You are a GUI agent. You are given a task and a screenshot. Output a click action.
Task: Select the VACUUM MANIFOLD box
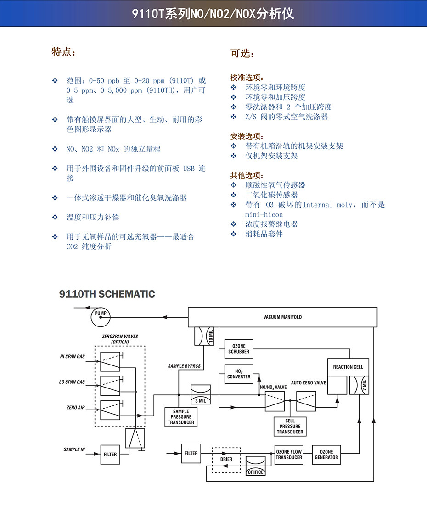pos(282,317)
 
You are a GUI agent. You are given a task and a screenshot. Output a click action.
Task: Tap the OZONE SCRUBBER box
pos(239,349)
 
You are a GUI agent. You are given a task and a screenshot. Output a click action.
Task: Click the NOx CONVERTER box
pos(239,374)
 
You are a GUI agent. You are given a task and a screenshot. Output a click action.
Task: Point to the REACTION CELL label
pos(348,367)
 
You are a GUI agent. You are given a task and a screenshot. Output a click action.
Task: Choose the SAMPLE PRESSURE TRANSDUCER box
pos(181,417)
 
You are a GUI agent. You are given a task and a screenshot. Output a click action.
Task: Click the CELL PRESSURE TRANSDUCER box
pos(290,427)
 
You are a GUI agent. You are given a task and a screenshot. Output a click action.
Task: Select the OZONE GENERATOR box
pos(326,455)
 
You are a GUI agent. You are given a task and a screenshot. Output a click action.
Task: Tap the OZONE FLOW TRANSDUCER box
pos(289,455)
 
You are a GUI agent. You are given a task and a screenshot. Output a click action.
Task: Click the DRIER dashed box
pos(226,459)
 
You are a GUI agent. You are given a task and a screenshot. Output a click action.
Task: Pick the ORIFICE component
pos(255,465)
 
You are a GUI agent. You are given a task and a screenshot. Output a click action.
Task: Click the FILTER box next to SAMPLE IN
pos(110,455)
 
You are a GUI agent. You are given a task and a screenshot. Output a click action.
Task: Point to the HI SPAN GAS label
pos(73,356)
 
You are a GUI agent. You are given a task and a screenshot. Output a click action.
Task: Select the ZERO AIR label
pos(75,408)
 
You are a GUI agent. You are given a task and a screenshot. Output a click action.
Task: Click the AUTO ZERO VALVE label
pos(309,382)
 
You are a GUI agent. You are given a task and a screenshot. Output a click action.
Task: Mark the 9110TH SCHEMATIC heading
pos(107,294)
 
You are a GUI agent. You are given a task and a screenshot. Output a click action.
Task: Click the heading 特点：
pos(63,52)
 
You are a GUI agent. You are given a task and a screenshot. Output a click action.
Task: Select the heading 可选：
pos(242,54)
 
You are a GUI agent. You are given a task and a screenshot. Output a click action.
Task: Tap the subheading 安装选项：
pos(247,136)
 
